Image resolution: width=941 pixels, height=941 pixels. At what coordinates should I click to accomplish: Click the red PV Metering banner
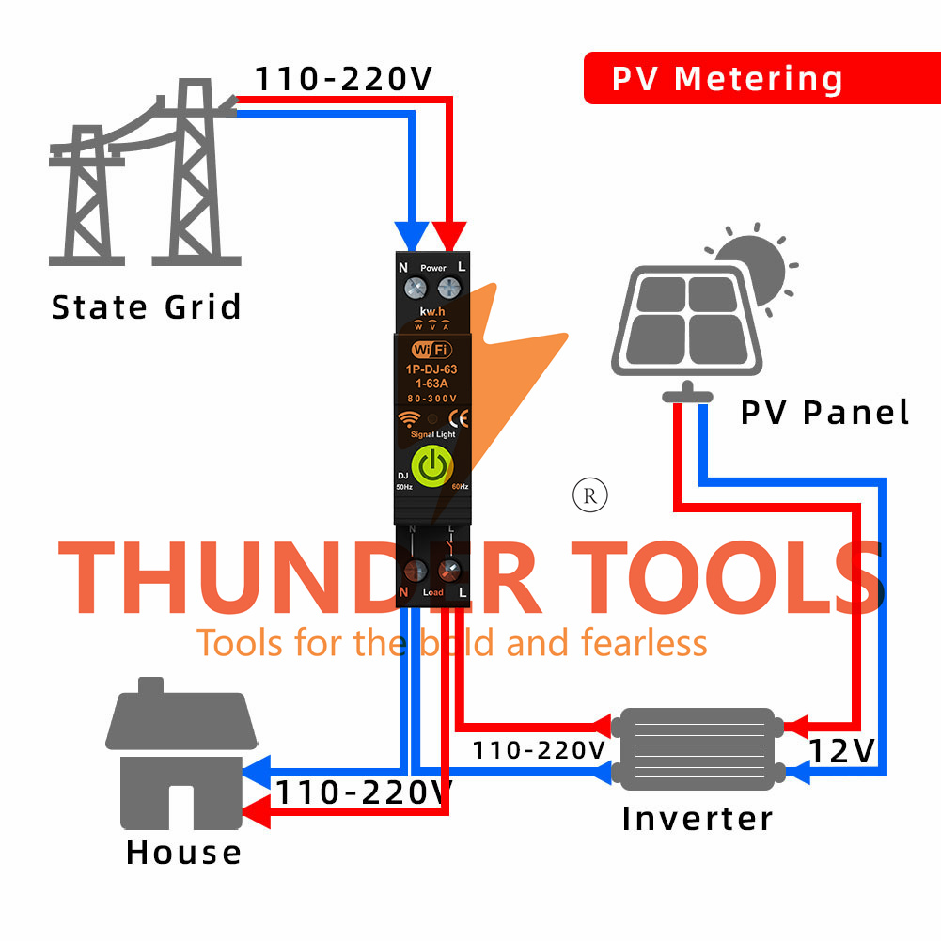tap(727, 78)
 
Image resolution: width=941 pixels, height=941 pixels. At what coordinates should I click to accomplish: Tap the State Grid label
tap(146, 307)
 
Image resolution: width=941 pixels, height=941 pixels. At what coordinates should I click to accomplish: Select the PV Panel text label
tap(824, 412)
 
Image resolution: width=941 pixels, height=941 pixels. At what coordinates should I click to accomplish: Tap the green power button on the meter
tap(431, 466)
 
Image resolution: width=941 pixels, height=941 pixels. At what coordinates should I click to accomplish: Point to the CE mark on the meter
tap(460, 420)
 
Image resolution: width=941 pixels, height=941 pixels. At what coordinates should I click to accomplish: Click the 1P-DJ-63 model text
tap(432, 370)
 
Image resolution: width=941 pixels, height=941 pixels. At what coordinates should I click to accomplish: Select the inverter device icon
tap(697, 748)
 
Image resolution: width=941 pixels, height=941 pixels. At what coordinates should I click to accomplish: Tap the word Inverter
tap(697, 818)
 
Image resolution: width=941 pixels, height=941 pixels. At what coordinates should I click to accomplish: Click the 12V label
tap(842, 751)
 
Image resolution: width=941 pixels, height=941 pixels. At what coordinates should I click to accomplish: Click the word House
tap(183, 853)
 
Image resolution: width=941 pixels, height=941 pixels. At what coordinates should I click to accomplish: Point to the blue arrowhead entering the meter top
tap(411, 236)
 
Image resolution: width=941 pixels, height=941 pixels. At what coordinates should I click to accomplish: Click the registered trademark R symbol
tap(590, 495)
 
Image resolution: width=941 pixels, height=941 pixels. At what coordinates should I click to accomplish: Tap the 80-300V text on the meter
tap(431, 399)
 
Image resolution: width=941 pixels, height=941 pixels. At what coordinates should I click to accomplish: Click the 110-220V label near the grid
tap(343, 79)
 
